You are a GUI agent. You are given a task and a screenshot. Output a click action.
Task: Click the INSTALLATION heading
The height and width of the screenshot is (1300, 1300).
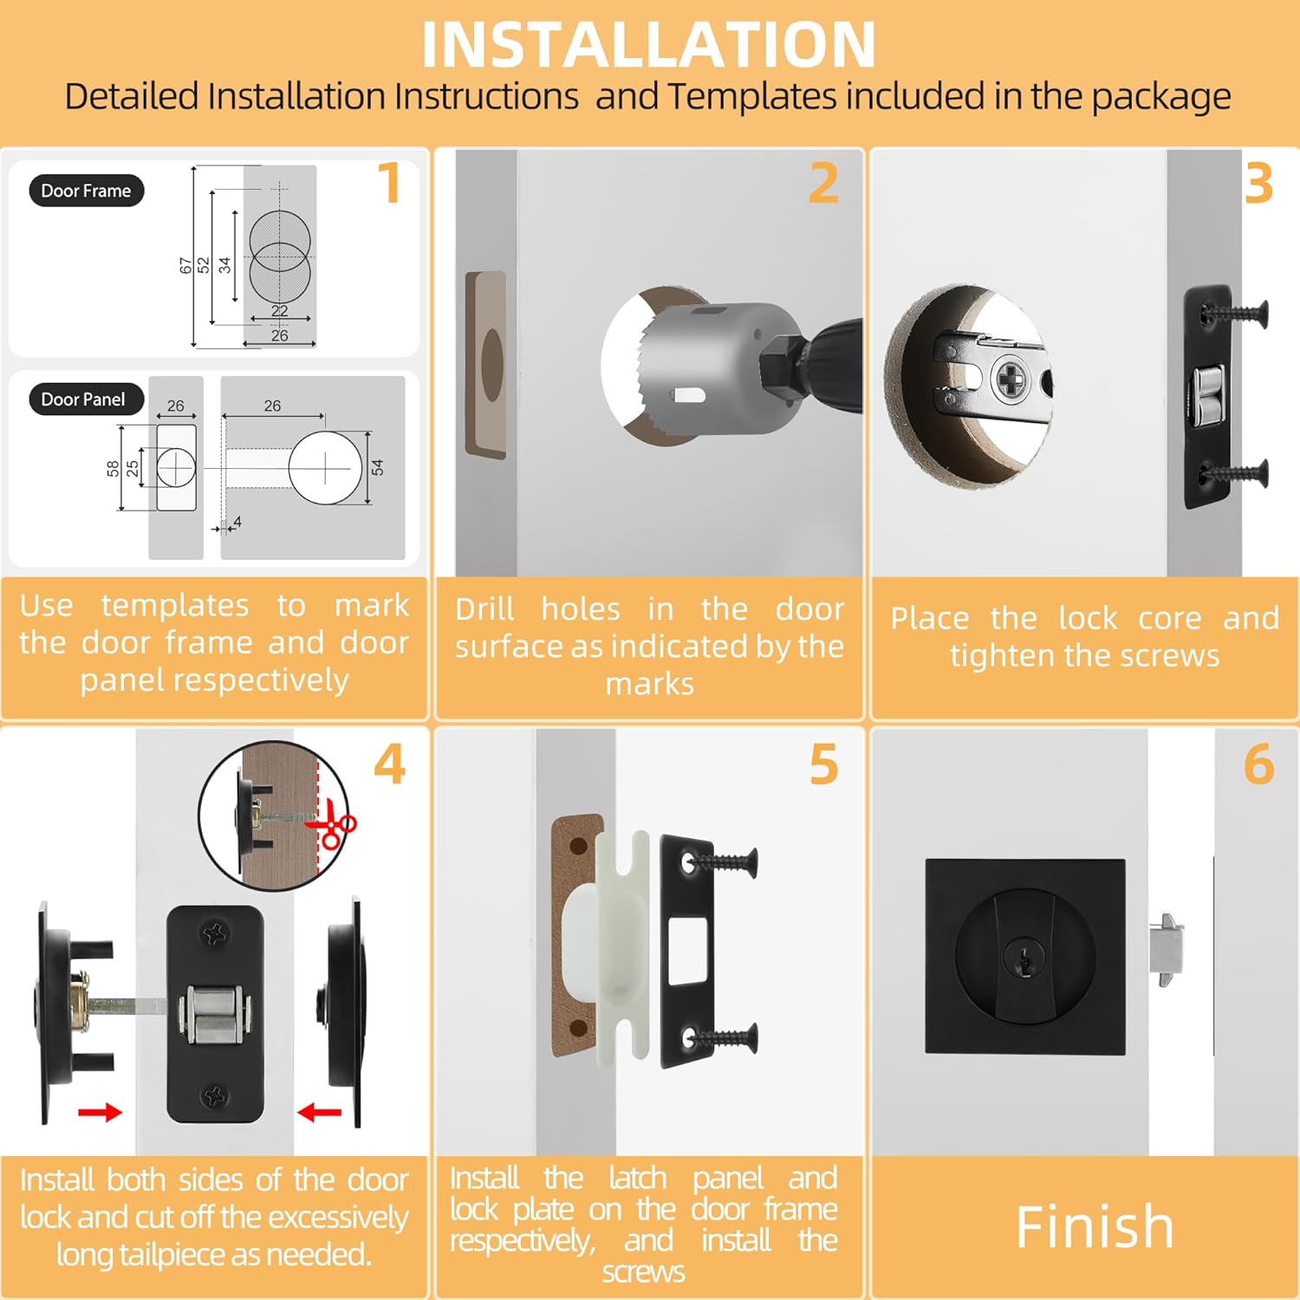pyautogui.click(x=648, y=44)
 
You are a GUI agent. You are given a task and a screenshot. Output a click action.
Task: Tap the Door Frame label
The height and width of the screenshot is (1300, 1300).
pyautogui.click(x=86, y=191)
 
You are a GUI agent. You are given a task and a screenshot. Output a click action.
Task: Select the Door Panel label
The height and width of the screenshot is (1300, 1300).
pyautogui.click(x=83, y=400)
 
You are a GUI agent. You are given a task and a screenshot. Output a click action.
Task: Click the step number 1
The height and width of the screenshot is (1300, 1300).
pyautogui.click(x=389, y=183)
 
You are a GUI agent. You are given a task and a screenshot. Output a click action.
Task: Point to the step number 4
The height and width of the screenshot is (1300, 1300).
pyautogui.click(x=389, y=764)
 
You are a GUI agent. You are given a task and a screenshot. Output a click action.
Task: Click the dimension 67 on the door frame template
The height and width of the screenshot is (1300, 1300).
pyautogui.click(x=185, y=265)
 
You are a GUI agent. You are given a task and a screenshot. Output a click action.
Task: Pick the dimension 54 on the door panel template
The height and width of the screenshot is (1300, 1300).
pyautogui.click(x=377, y=468)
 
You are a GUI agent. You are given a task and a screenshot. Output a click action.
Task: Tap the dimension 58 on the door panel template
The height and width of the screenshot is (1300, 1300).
pyautogui.click(x=113, y=469)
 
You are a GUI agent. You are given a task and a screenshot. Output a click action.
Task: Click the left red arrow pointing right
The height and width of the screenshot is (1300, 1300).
pyautogui.click(x=100, y=1112)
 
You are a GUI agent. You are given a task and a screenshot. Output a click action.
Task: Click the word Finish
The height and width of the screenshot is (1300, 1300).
pyautogui.click(x=1094, y=1226)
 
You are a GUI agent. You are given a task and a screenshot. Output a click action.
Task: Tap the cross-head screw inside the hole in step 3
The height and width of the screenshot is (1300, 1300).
pyautogui.click(x=1011, y=379)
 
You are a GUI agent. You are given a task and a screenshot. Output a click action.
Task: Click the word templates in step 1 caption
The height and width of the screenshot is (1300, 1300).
pyautogui.click(x=175, y=605)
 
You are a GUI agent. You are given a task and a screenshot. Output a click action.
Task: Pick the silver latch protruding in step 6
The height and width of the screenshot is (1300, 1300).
pyautogui.click(x=1166, y=949)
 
